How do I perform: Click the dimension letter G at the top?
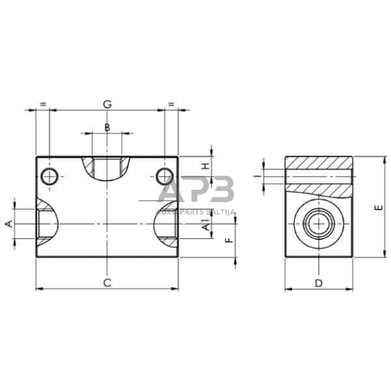pyautogui.click(x=106, y=104)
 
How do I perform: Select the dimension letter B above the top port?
pyautogui.click(x=106, y=126)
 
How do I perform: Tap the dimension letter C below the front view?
pyautogui.click(x=106, y=283)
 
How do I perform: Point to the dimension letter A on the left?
pyautogui.click(x=9, y=224)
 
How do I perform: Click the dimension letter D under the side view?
pyautogui.click(x=319, y=283)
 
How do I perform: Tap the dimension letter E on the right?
pyautogui.click(x=377, y=207)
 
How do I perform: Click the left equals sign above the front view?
pyautogui.click(x=43, y=104)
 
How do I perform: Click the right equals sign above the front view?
pyautogui.click(x=171, y=104)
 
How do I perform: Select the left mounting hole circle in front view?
pyautogui.click(x=49, y=177)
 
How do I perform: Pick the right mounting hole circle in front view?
pyautogui.click(x=164, y=177)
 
